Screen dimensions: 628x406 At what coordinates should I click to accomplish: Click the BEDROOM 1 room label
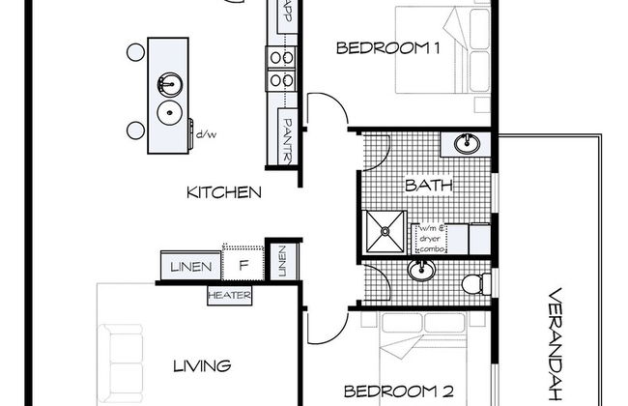(388, 48)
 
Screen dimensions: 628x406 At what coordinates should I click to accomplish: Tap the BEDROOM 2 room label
(399, 391)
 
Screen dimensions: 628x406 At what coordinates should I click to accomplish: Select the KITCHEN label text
(224, 192)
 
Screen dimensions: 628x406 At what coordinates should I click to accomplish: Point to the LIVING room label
(202, 366)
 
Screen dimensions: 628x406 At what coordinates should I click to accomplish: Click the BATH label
(429, 186)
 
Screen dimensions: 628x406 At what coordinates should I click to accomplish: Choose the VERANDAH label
(557, 344)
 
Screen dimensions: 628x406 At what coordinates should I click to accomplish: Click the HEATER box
(230, 296)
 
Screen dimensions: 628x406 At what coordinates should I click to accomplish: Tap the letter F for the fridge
(243, 265)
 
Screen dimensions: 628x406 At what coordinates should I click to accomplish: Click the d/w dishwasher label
(206, 134)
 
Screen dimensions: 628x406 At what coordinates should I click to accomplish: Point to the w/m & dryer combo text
(432, 239)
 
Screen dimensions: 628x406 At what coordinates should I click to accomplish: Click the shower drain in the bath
(385, 231)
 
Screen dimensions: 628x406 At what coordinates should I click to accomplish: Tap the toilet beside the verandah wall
(476, 283)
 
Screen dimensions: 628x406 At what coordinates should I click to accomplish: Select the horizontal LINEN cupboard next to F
(190, 266)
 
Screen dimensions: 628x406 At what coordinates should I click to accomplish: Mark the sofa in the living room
(121, 363)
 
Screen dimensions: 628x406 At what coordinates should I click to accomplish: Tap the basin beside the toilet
(421, 270)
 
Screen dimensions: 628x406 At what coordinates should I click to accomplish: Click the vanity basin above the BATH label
(467, 144)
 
